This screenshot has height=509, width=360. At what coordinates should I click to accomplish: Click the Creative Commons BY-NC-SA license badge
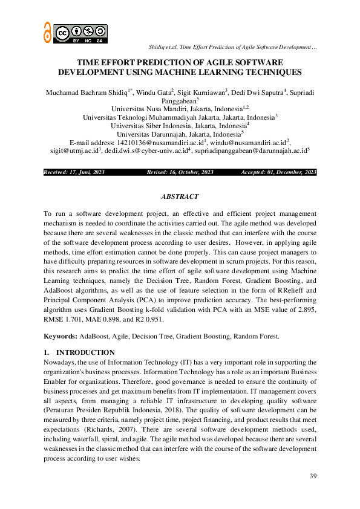[x=80, y=33]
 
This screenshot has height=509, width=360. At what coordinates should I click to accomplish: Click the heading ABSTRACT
[x=180, y=197]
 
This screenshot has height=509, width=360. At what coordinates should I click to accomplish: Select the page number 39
[x=313, y=476]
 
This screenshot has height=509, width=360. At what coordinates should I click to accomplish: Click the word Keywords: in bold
[x=61, y=336]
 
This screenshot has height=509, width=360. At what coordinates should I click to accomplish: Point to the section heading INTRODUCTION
[x=85, y=352]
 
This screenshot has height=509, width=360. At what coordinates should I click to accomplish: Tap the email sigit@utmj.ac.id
[x=75, y=151]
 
